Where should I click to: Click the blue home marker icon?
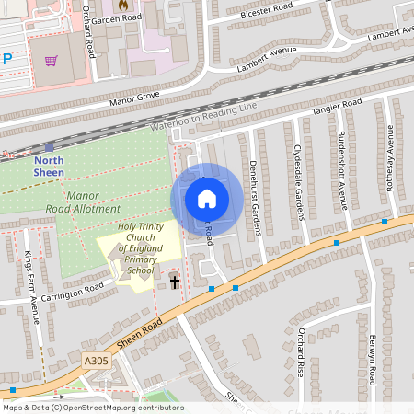[207, 199]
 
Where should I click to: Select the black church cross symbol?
[175, 282]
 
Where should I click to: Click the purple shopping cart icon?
[52, 61]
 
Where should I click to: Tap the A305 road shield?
[96, 362]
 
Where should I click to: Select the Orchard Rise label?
[300, 349]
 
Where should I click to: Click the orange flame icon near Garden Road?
[122, 4]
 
